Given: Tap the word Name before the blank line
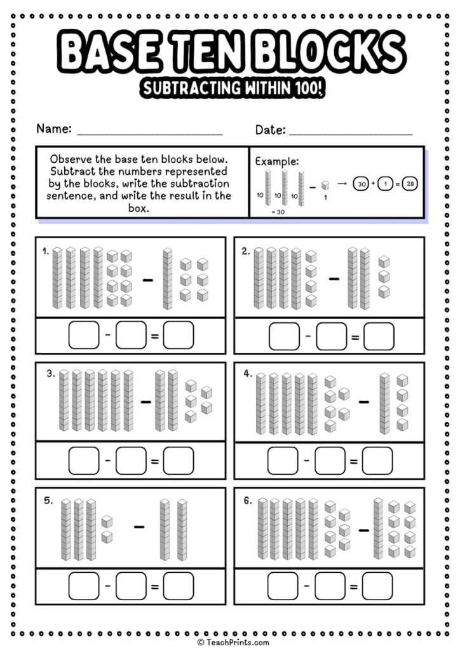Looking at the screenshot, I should (x=53, y=128).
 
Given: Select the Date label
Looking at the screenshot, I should (x=269, y=130).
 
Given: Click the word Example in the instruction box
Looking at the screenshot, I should (x=276, y=161).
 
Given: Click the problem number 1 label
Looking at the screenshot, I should (x=46, y=251).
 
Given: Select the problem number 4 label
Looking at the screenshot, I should (x=248, y=374).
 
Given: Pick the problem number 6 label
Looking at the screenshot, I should (x=248, y=500).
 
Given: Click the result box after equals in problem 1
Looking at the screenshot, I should (x=178, y=336).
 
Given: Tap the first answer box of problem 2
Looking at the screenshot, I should (x=284, y=336).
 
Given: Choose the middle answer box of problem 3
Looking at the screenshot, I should (x=131, y=460).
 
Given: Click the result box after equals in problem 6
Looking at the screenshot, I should (x=379, y=586).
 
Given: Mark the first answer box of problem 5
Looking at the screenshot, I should (x=84, y=586).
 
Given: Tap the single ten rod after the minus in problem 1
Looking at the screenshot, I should (x=167, y=278).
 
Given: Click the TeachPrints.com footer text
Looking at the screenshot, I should (x=233, y=643).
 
